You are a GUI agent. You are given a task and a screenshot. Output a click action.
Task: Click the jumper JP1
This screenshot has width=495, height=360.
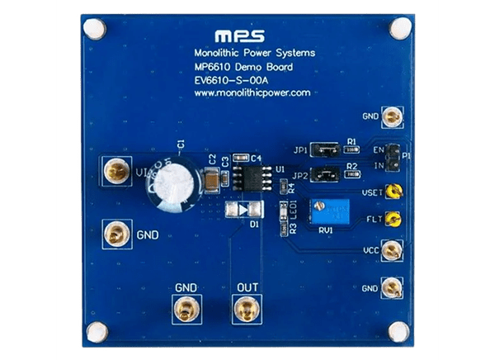(327, 150)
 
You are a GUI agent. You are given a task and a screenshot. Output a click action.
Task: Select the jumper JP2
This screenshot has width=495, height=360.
(327, 175)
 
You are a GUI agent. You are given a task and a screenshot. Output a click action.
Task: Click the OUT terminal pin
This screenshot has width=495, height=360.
(245, 310)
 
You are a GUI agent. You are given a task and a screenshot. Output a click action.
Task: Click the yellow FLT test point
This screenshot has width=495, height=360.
(394, 220)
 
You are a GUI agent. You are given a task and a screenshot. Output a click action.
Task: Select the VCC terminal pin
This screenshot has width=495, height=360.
(394, 249)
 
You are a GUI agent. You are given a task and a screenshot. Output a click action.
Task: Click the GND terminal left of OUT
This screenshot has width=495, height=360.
(185, 310)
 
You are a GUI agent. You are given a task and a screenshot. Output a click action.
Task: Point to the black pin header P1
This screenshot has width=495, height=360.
(394, 154)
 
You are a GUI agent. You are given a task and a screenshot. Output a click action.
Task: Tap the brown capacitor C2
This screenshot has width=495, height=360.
(214, 177)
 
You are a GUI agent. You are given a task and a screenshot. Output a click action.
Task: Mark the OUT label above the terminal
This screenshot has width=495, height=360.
(247, 287)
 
